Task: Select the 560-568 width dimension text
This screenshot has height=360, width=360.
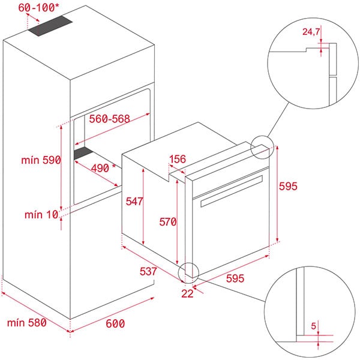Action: pyautogui.click(x=110, y=119)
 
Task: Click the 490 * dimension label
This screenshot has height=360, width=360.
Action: pyautogui.click(x=103, y=168)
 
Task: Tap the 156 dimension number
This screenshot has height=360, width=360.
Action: pyautogui.click(x=177, y=160)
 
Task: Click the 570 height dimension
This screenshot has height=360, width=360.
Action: pyautogui.click(x=167, y=222)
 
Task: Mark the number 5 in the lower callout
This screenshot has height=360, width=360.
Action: pyautogui.click(x=313, y=326)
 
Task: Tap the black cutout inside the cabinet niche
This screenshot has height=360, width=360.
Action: pyautogui.click(x=86, y=154)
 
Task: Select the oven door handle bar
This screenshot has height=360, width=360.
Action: pyautogui.click(x=232, y=192)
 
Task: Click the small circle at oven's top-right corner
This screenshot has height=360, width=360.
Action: pyautogui.click(x=263, y=147)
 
